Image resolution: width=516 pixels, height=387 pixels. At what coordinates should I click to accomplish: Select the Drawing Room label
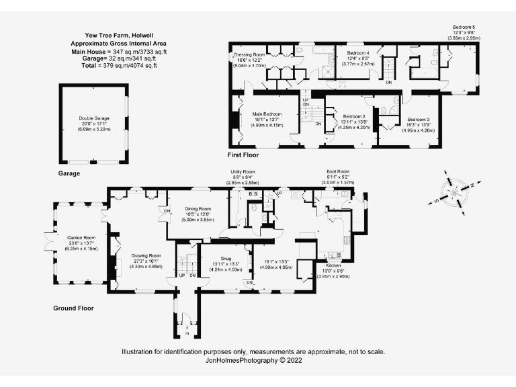pyautogui.click(x=146, y=255)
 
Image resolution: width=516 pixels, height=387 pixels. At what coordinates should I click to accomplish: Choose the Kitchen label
pyautogui.click(x=334, y=265)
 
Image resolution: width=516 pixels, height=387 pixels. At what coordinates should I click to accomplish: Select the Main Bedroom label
pyautogui.click(x=267, y=114)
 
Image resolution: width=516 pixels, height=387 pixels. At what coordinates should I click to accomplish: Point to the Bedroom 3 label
pyautogui.click(x=418, y=120)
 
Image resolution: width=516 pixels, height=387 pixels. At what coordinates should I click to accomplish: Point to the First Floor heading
pyautogui.click(x=245, y=155)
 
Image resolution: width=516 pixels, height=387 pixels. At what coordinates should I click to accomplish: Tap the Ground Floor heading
pyautogui.click(x=73, y=308)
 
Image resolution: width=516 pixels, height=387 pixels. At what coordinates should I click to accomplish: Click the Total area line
pyautogui.click(x=113, y=66)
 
